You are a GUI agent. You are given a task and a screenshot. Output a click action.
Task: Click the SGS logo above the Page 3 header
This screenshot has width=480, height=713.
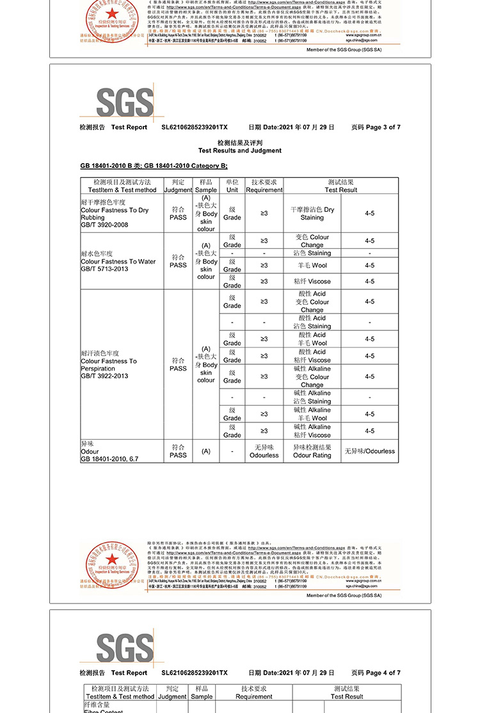(x=125, y=102)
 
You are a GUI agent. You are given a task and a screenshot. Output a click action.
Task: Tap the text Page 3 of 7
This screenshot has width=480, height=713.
(x=376, y=127)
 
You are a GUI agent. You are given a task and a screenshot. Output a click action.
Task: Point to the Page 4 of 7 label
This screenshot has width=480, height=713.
(x=376, y=673)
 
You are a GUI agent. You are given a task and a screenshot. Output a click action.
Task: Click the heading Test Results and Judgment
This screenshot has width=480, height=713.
(x=240, y=150)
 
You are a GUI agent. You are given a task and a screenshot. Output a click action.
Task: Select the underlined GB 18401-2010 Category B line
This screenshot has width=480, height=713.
(x=154, y=166)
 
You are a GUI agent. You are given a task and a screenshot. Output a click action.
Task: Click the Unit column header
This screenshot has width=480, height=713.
(x=232, y=186)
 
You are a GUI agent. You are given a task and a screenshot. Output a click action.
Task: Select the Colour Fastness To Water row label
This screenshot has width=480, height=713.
(x=118, y=261)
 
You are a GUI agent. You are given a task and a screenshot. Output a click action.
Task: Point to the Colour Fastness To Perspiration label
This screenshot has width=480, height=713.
(x=109, y=365)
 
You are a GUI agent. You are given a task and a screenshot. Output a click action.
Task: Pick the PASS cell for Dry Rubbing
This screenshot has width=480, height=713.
(x=178, y=213)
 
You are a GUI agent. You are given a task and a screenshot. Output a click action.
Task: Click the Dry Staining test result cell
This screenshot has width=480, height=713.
(x=312, y=213)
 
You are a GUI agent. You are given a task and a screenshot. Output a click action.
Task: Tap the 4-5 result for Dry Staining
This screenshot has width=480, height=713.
(x=369, y=213)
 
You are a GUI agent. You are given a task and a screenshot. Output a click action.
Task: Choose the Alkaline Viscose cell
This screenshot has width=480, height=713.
(x=312, y=431)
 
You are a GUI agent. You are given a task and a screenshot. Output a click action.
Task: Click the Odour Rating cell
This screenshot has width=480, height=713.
(x=312, y=451)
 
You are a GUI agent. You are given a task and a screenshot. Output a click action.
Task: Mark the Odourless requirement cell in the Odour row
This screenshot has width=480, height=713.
(x=264, y=451)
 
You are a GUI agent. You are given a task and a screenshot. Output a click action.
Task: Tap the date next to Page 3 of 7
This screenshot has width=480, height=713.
(x=291, y=127)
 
